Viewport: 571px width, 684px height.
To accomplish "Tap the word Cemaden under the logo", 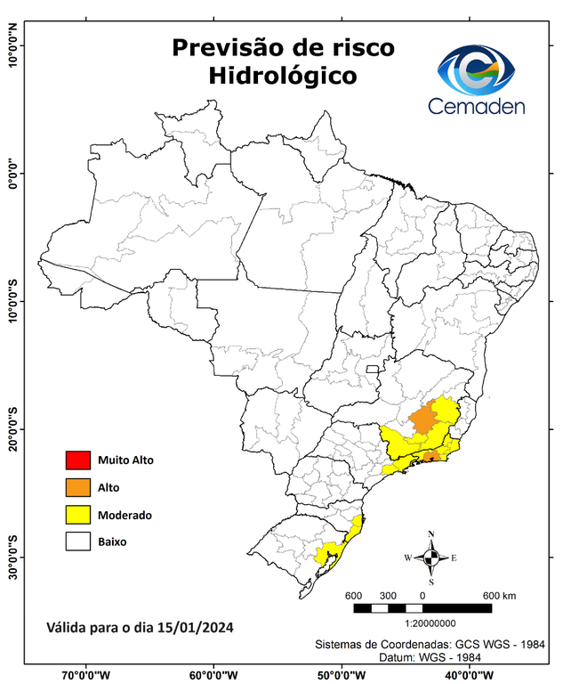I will point(476,106).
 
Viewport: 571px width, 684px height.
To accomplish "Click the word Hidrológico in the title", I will point(283,76).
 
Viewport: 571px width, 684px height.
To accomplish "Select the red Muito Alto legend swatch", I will point(77,460).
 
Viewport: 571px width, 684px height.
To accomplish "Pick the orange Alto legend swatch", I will point(77,487).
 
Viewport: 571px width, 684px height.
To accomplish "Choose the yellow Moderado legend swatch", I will point(77,515).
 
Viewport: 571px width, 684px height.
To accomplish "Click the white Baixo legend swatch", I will point(77,541).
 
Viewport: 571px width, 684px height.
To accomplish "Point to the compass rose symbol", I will point(431,558).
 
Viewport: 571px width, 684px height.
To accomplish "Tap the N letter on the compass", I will point(431,534).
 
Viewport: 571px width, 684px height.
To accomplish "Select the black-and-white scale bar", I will point(422,608).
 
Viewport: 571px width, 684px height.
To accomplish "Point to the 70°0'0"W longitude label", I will point(85,674).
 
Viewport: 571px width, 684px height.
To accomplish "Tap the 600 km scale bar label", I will point(498,595).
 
